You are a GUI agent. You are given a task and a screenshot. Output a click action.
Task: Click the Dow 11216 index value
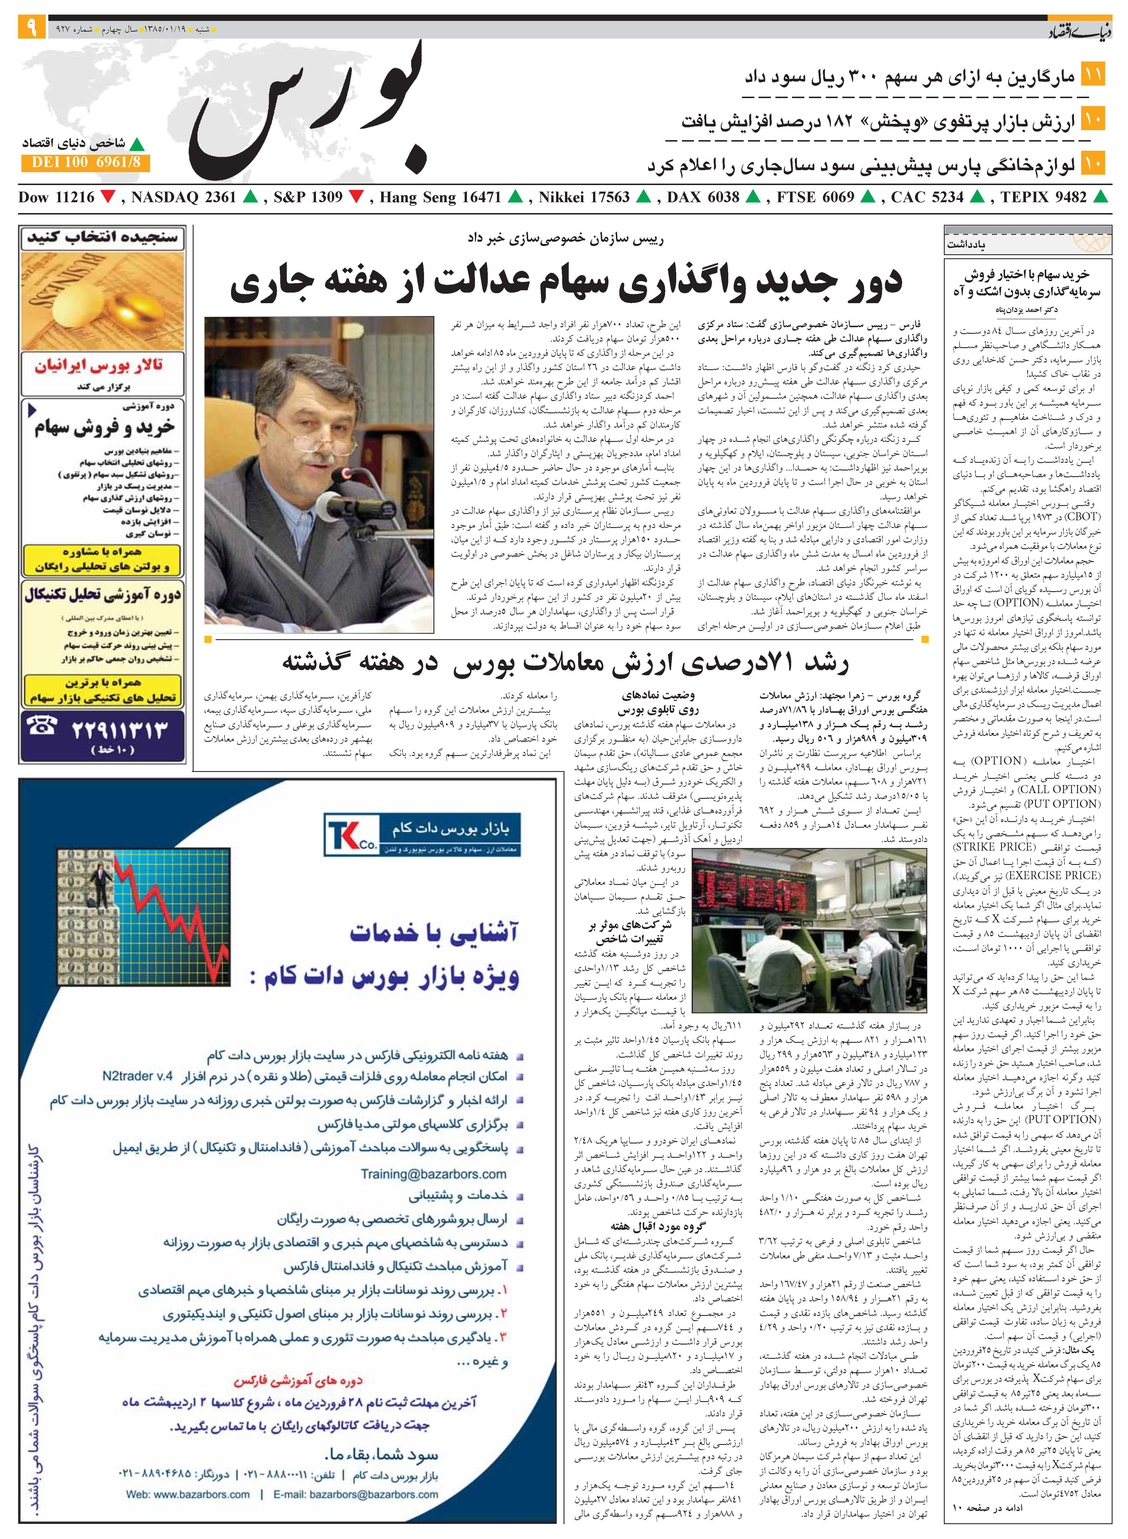pos(56,197)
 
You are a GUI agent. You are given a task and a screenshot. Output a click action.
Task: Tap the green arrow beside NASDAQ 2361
pos(250,197)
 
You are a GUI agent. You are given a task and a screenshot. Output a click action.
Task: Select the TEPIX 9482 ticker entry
pos(1043,197)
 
